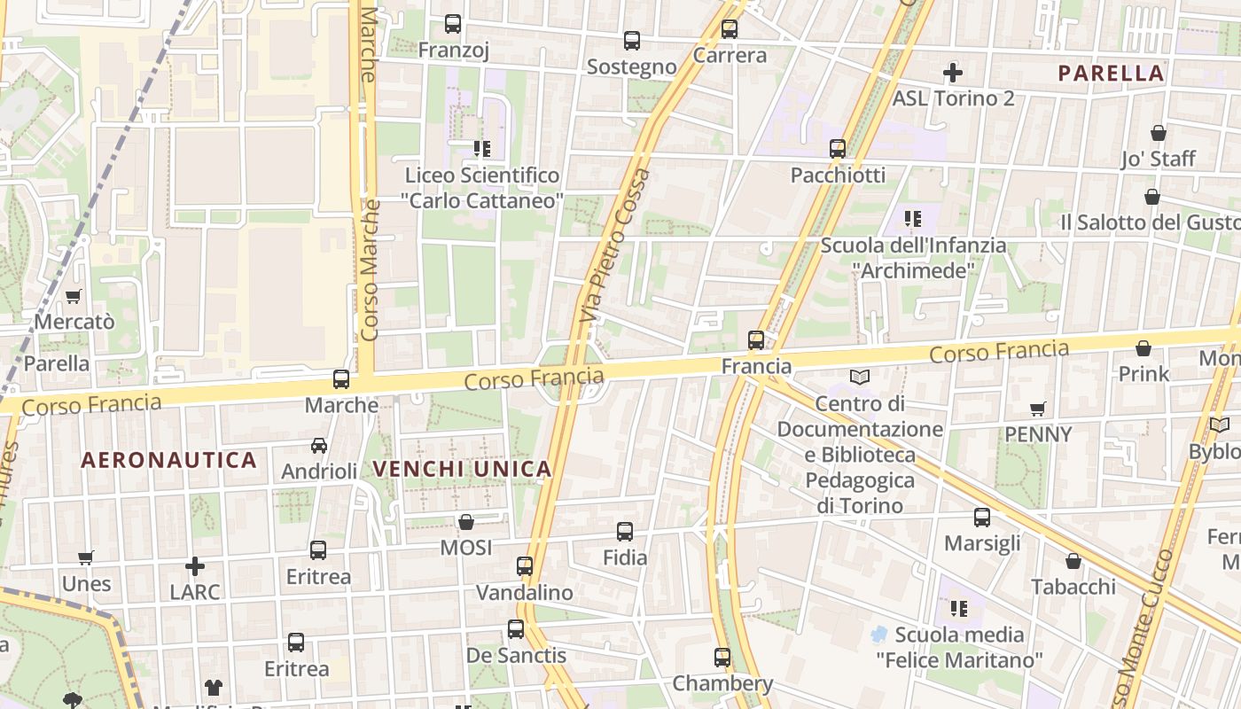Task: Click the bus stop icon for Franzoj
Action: pos(453,24)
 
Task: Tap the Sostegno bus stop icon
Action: pos(632,40)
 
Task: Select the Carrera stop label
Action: pos(730,55)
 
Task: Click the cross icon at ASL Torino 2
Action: pos(953,72)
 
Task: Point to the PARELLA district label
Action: pos(1111,74)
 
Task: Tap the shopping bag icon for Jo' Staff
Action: pos(1159,133)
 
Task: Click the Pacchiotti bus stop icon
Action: pos(838,148)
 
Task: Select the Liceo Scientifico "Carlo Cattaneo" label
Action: pos(483,188)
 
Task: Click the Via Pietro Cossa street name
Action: pos(615,245)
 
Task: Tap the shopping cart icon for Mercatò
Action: pos(74,296)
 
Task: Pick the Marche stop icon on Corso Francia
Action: pos(341,379)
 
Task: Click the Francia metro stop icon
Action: pos(756,339)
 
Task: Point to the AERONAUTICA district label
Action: pos(168,460)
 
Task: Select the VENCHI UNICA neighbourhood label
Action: pos(462,469)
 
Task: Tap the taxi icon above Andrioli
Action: pos(319,446)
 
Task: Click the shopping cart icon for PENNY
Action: pos(1038,409)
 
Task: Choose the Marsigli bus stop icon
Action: pos(982,518)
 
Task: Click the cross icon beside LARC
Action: pos(195,565)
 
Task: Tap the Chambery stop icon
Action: pos(722,658)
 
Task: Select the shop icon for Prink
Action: pos(1143,348)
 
